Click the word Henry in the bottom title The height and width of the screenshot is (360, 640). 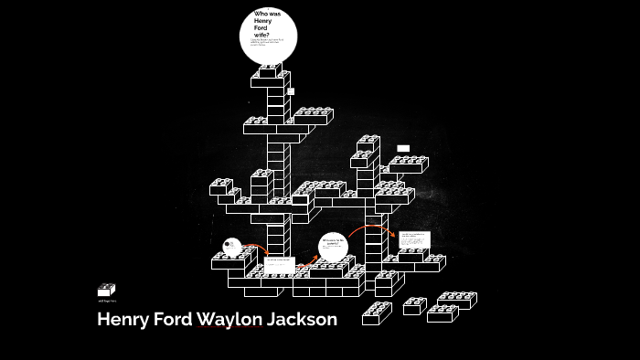(122, 320)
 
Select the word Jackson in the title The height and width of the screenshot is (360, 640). (303, 320)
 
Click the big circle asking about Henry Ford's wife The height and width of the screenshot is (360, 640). (268, 35)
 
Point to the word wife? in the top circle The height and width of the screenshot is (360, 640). (262, 34)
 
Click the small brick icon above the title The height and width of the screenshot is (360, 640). (106, 290)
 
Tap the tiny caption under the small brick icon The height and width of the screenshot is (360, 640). (107, 301)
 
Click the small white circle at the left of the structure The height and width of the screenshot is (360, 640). (232, 245)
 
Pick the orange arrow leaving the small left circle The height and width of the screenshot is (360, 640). (255, 248)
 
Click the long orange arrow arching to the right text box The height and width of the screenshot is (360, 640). (370, 227)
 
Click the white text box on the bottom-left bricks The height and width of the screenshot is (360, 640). (279, 264)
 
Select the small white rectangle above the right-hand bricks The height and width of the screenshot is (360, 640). (403, 148)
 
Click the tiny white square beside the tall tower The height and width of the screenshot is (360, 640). (291, 91)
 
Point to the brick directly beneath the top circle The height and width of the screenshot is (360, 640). (270, 69)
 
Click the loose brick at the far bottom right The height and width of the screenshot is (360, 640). (456, 300)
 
